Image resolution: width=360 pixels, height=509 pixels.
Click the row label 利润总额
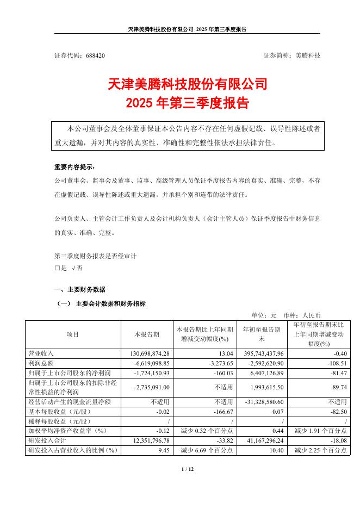click(40, 362)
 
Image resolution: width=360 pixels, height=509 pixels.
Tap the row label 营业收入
click(40, 353)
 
